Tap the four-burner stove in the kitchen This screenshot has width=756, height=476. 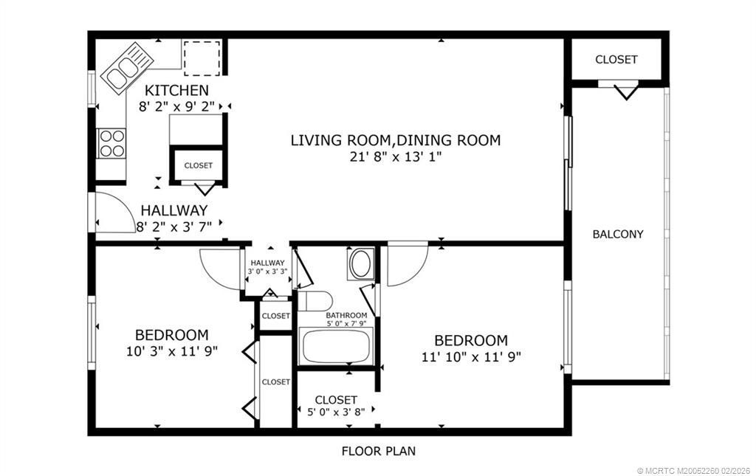pos(111,143)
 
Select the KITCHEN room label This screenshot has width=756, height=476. pos(176,90)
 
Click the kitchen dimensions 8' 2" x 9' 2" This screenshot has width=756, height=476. pos(177,106)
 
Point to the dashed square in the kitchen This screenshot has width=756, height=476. pos(202,58)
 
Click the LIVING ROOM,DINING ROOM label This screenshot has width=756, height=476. pos(395,139)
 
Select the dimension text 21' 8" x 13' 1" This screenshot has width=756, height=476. pos(396,156)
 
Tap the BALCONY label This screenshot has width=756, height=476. pos(618,234)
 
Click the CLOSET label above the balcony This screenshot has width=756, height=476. pos(616,59)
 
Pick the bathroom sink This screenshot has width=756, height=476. pos(361,264)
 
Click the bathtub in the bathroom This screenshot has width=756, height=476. pos(336,347)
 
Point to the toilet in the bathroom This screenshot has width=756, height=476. pos(314,301)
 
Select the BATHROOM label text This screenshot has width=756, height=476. pos(346,315)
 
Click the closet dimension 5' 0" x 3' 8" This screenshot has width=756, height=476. pos(336,413)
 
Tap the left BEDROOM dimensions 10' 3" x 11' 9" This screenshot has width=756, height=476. pos(171,351)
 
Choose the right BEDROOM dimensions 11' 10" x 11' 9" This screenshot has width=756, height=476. pos(470,356)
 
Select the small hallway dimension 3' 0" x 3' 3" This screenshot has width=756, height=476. pos(267,272)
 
